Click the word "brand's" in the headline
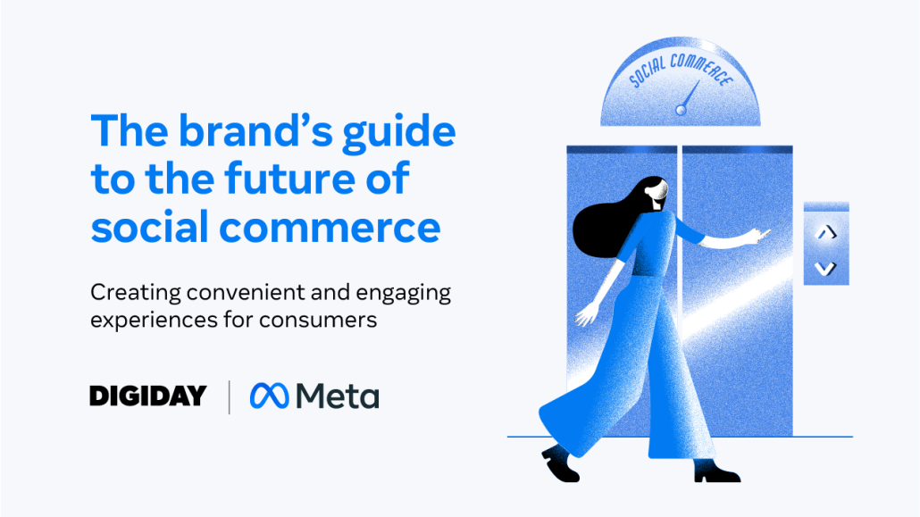coord(255,130)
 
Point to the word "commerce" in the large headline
coord(330,229)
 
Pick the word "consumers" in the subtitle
coord(318,321)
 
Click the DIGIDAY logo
coord(148,396)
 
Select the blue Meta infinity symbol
coord(270,396)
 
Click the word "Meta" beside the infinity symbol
coord(338,396)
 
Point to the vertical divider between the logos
coord(229,397)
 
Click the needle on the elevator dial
coord(690,96)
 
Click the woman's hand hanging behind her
coord(586,315)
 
